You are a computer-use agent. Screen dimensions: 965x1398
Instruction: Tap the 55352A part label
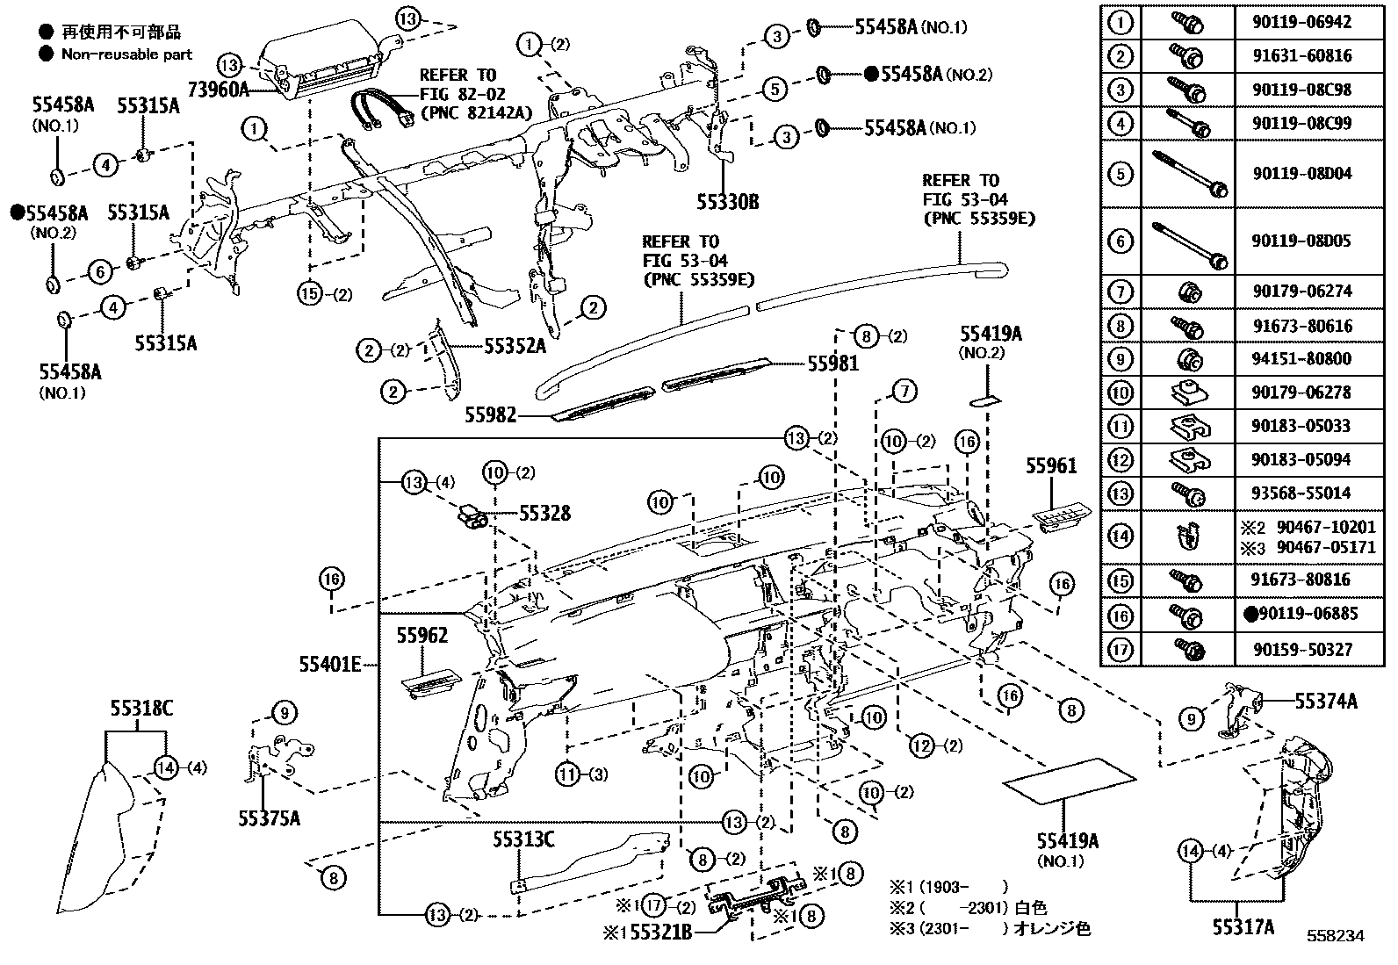515,346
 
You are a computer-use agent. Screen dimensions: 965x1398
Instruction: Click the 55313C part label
522,839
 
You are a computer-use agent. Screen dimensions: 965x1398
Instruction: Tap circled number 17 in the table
1121,650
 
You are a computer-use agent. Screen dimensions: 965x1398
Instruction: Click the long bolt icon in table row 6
1190,241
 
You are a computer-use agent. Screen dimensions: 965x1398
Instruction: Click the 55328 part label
544,513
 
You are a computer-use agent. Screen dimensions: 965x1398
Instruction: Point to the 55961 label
1051,465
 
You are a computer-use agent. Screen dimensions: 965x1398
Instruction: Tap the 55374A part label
1326,701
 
